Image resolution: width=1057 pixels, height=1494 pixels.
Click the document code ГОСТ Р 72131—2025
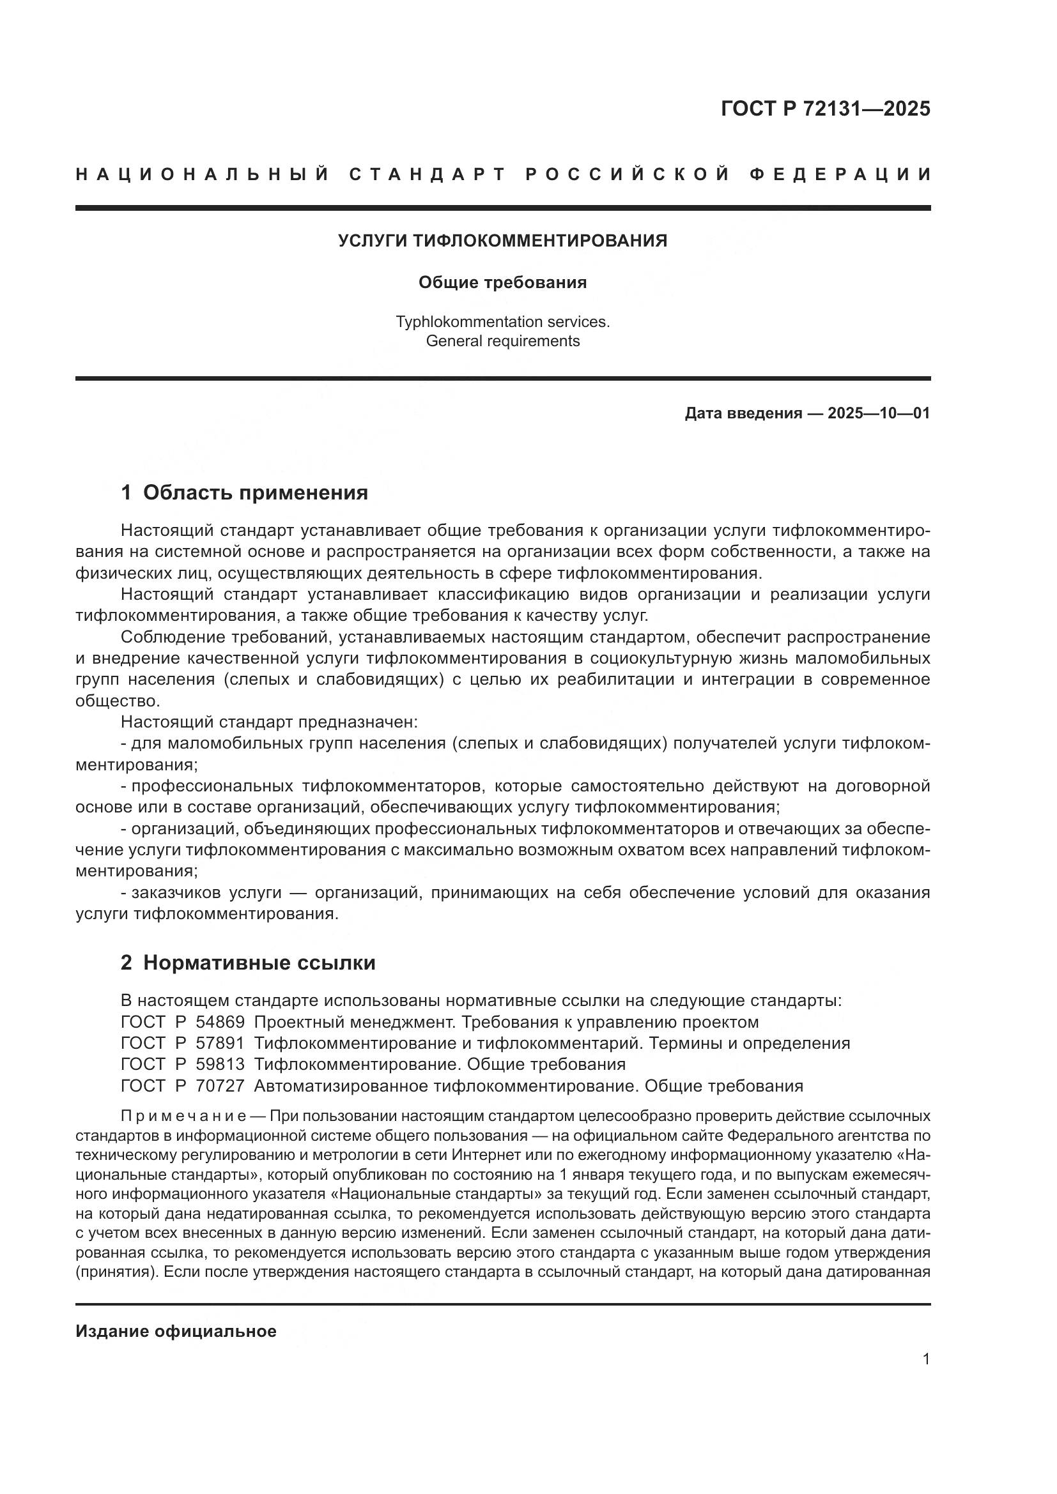825,109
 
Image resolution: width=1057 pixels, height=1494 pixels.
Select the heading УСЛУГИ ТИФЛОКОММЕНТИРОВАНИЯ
502,241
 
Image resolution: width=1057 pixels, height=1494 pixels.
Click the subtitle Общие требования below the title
502,282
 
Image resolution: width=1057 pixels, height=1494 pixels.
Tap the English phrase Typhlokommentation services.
502,321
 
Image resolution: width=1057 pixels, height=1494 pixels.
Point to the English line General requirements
502,341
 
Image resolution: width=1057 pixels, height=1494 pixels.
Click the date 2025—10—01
879,413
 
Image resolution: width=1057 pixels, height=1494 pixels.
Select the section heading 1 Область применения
244,492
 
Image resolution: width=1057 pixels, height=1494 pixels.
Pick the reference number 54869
220,1022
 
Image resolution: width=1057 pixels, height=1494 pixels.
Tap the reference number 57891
220,1044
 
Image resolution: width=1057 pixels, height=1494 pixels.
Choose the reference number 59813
220,1065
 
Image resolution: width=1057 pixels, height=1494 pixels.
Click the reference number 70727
220,1086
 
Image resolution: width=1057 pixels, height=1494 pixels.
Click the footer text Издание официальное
176,1331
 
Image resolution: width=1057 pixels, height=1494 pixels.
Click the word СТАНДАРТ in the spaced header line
428,174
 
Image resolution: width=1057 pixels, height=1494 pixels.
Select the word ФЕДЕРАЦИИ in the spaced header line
840,174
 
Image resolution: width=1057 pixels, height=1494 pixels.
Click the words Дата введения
743,413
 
